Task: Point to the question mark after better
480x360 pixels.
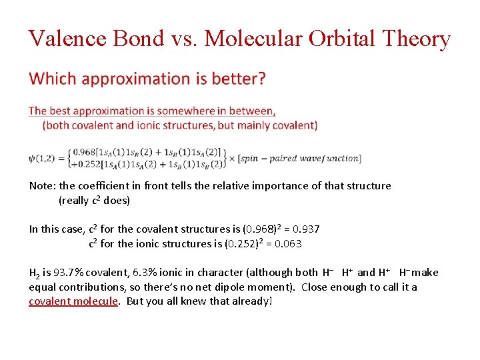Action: point(261,79)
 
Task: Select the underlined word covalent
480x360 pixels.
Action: point(51,301)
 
